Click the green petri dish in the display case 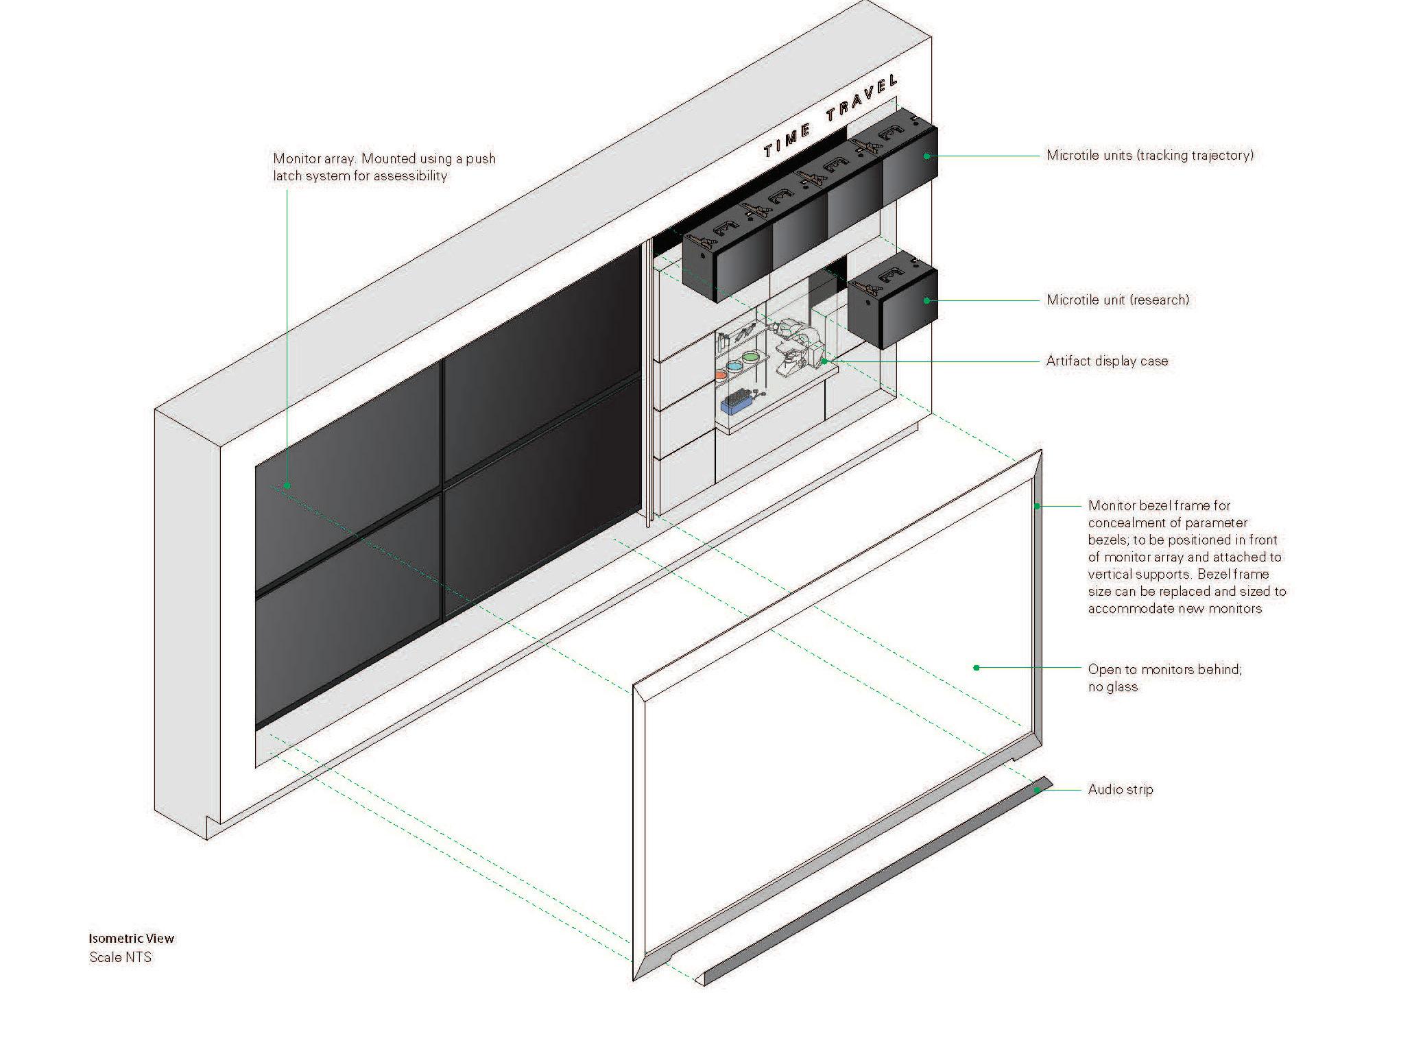(x=751, y=357)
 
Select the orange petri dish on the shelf (x=720, y=375)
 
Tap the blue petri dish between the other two (x=734, y=365)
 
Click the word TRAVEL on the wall (x=862, y=105)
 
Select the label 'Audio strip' (x=1120, y=789)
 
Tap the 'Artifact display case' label (x=1107, y=361)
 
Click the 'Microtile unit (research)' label (x=1117, y=300)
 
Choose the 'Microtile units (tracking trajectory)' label (x=1149, y=155)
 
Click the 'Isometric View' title (x=131, y=938)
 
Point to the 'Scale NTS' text (x=120, y=957)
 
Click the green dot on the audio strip (x=1038, y=790)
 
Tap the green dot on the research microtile (x=926, y=300)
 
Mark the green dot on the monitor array (x=287, y=485)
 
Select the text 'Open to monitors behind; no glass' (x=1164, y=677)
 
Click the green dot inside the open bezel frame (x=976, y=667)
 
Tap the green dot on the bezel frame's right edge (x=1038, y=506)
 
